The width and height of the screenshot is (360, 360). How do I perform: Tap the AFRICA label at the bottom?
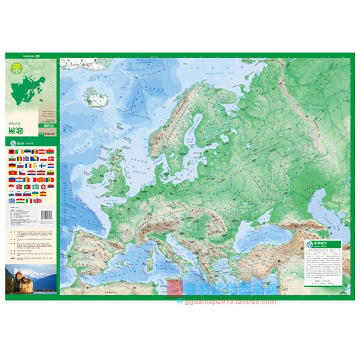coord(111,293)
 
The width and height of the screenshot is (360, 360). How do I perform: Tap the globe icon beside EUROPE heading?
coord(12,144)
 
